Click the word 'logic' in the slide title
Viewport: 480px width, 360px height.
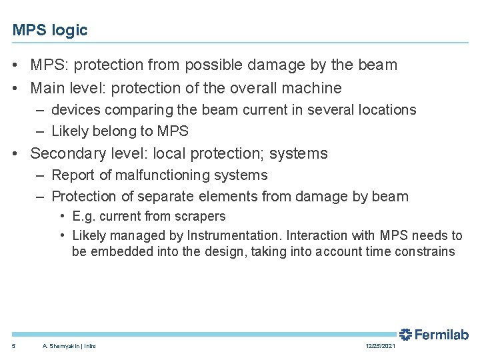70,31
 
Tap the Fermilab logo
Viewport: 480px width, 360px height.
433,335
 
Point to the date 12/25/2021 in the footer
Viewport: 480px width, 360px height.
380,346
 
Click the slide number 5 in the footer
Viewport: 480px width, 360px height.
14,346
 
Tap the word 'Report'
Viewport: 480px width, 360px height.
73,175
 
